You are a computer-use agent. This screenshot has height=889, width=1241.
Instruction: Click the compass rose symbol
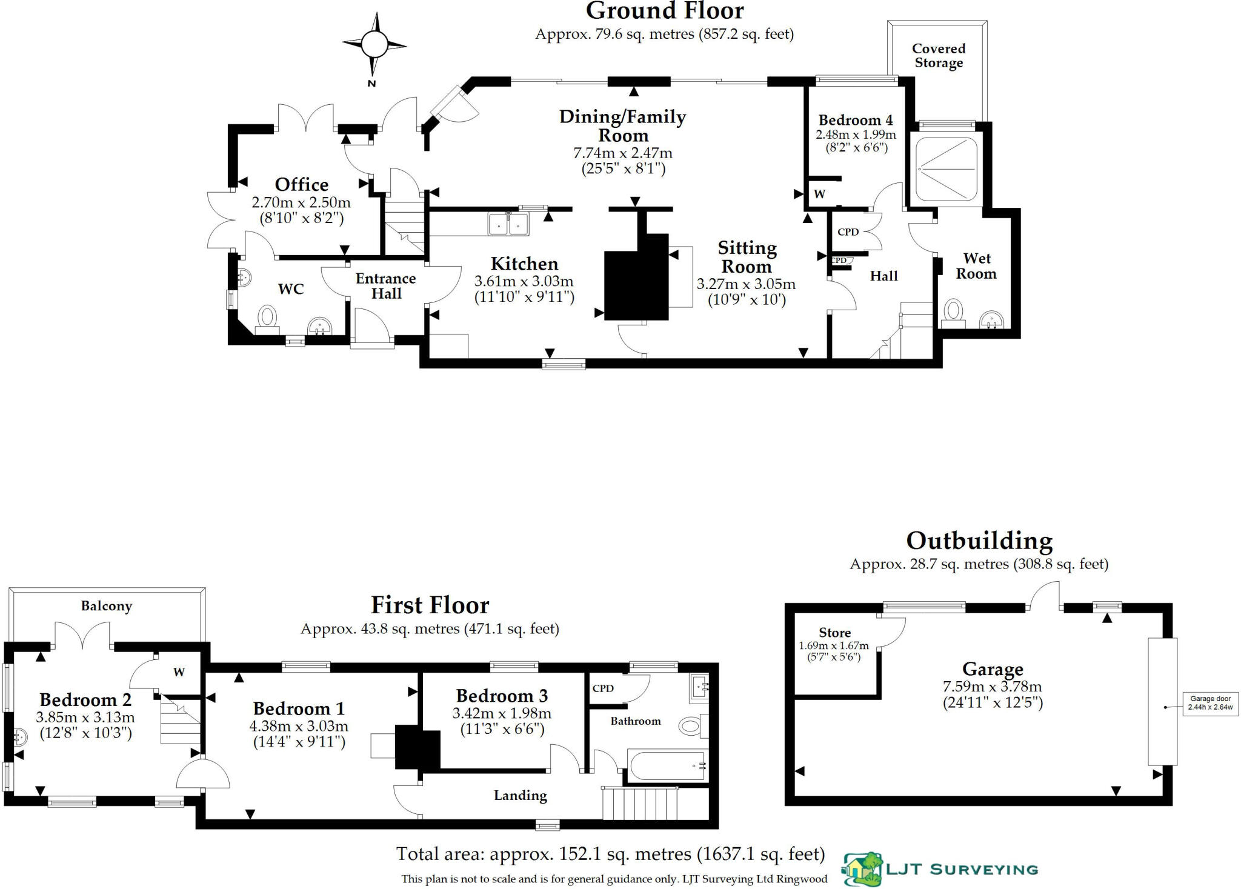(x=374, y=44)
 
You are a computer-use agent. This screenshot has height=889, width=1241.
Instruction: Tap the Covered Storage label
(x=938, y=56)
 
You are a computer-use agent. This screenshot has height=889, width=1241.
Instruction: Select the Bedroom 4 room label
(x=855, y=120)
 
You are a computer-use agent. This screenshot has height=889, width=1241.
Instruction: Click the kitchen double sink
(x=508, y=224)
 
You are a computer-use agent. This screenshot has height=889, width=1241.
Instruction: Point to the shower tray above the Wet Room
(x=946, y=169)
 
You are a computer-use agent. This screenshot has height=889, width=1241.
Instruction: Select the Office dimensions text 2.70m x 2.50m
(x=301, y=202)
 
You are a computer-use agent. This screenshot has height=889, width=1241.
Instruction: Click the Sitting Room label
(x=747, y=257)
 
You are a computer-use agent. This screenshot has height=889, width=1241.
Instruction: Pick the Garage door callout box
(x=1210, y=703)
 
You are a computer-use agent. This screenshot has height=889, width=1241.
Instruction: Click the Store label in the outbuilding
(x=834, y=633)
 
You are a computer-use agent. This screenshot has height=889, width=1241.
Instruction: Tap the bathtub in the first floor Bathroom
(x=667, y=766)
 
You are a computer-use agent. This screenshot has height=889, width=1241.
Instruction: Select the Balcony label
(x=107, y=606)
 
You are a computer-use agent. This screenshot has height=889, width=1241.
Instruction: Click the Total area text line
(x=610, y=854)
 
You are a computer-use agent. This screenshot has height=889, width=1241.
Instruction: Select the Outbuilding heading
(x=979, y=541)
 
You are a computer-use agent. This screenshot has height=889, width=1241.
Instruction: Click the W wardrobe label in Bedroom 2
(x=179, y=672)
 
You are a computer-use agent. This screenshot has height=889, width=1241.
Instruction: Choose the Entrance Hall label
(x=386, y=286)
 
